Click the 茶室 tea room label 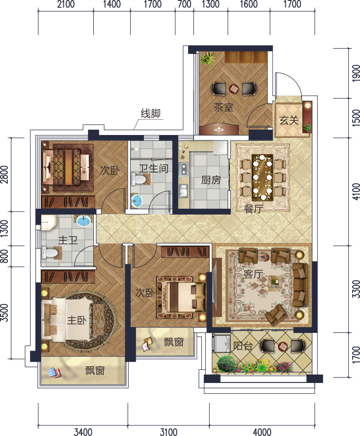pyautogui.click(x=223, y=108)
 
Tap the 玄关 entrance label pyautogui.click(x=289, y=120)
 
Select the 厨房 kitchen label pyautogui.click(x=211, y=180)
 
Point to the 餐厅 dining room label pyautogui.click(x=253, y=208)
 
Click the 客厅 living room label pyautogui.click(x=253, y=274)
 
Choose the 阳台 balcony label pyautogui.click(x=243, y=346)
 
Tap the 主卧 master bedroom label pyautogui.click(x=77, y=320)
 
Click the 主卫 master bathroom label pyautogui.click(x=68, y=240)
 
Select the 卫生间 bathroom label pyautogui.click(x=154, y=168)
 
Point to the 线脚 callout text pyautogui.click(x=150, y=113)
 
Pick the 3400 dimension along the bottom pyautogui.click(x=83, y=432)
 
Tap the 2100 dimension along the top pyautogui.click(x=66, y=4)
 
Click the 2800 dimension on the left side pyautogui.click(x=4, y=174)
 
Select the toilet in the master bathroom pyautogui.click(x=50, y=253)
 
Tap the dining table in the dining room pyautogui.click(x=262, y=177)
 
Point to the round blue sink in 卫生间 pyautogui.click(x=137, y=201)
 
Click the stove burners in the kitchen pyautogui.click(x=184, y=169)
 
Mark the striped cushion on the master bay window pyautogui.click(x=54, y=373)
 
